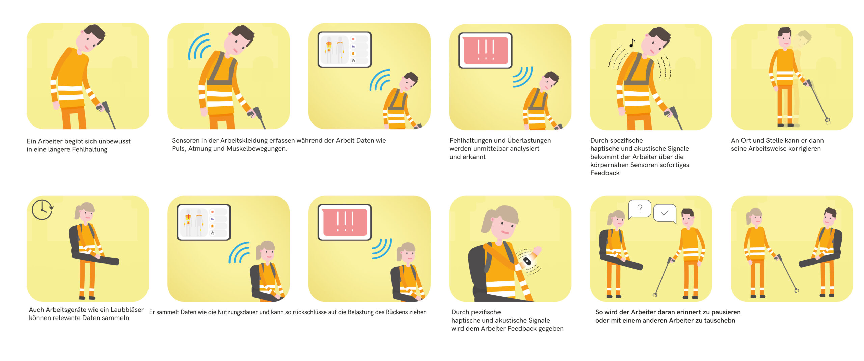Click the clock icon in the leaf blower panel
coord(42,210)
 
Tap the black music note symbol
coord(632,43)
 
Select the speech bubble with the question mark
coord(640,210)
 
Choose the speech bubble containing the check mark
coord(665,214)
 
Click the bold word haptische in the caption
coord(604,149)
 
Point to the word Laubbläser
coord(127,310)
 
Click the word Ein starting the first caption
coord(31,141)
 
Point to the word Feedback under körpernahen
coord(605,173)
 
